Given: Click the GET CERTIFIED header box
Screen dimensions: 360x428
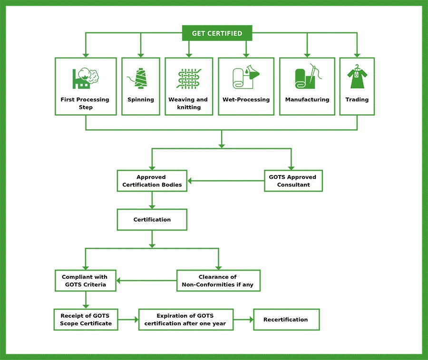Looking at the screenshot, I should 217,33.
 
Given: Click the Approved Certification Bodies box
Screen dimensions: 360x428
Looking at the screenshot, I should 152,181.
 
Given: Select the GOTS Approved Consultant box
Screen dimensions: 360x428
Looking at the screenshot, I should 293,181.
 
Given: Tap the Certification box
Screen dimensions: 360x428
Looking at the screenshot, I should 152,220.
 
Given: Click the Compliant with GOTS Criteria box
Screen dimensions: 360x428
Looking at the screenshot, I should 85,281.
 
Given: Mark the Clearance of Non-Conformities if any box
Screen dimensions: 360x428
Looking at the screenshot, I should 218,281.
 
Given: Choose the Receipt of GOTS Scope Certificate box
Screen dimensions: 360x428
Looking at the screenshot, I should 86,320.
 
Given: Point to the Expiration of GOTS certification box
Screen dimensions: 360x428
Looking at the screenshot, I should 185,320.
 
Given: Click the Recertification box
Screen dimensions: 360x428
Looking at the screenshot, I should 285,320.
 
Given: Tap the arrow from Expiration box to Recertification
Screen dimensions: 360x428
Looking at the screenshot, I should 243,320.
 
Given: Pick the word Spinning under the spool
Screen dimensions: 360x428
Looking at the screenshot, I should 141,100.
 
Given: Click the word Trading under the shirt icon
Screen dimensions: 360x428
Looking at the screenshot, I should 357,100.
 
